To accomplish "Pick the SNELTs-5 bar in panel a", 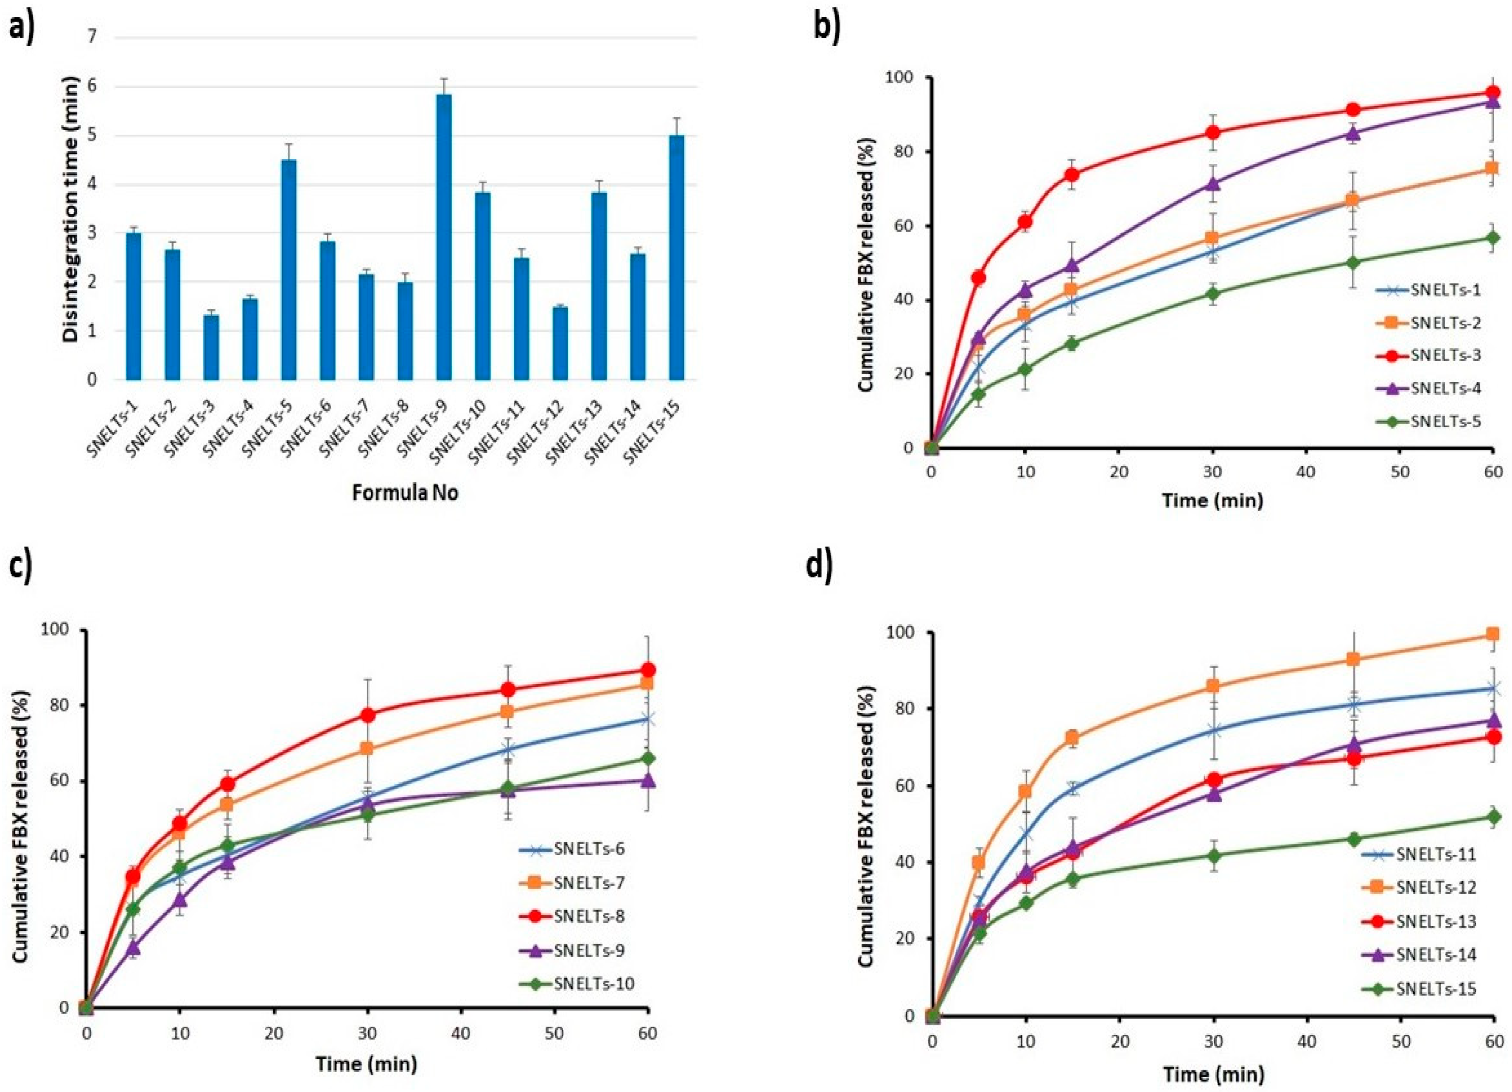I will click(288, 269).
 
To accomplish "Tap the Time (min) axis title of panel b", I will click(1212, 499).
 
